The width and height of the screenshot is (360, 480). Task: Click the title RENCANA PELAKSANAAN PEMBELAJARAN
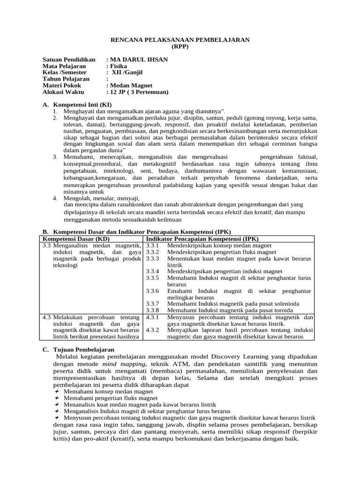tap(180, 40)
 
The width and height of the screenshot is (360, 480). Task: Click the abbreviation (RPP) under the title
tap(180, 47)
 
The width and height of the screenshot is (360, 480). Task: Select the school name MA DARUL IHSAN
tap(138, 60)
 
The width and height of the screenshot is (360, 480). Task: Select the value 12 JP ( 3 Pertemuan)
tap(139, 92)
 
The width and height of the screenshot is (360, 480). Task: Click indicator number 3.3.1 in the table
tap(153, 245)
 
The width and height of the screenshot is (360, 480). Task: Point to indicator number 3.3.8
tap(153, 310)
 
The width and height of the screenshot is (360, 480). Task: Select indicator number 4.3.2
tap(153, 330)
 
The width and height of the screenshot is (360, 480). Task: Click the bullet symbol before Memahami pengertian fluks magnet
tap(57, 398)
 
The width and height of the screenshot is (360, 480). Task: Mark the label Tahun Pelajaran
tap(66, 79)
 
